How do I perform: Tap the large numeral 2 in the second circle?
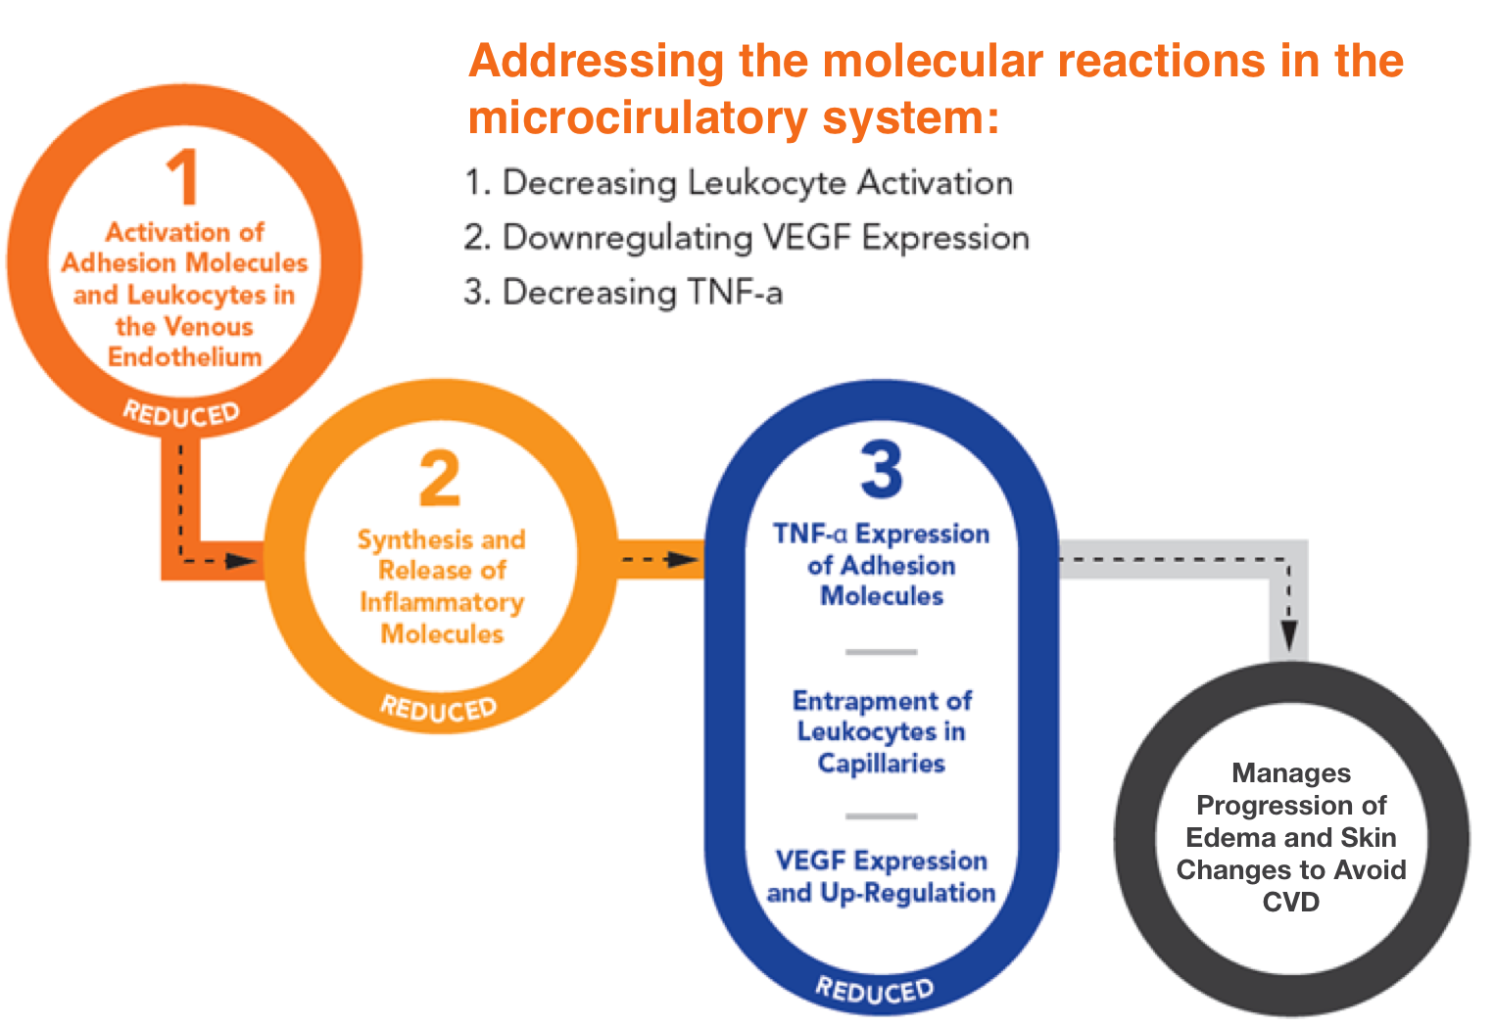[440, 477]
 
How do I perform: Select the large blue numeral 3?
[881, 469]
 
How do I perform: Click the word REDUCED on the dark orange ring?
[181, 414]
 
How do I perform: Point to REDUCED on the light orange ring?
[439, 709]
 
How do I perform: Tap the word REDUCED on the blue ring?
[875, 991]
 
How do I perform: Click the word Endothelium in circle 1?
[185, 357]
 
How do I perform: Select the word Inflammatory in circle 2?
[442, 603]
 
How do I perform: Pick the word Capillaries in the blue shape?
[881, 763]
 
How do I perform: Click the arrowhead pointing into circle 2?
[241, 561]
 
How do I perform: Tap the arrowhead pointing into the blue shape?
[683, 559]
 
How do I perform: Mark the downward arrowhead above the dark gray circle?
[1288, 635]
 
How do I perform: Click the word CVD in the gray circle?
[1290, 902]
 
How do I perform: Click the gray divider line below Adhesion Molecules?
[881, 652]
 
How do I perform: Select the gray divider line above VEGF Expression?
[881, 815]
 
